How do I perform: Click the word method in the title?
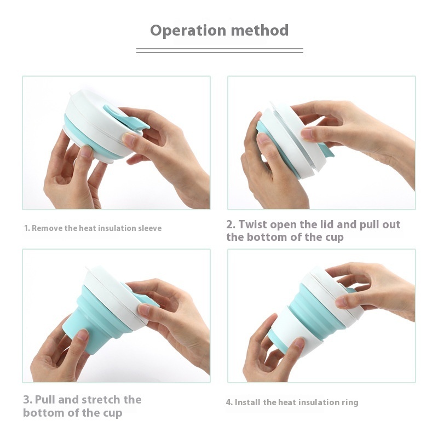[260, 30]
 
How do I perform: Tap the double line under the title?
[220, 50]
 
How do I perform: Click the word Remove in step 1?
[47, 228]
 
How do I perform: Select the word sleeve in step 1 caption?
[150, 228]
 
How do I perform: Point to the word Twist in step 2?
[253, 224]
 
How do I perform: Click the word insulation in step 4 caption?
[314, 402]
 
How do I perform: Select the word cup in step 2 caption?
[335, 238]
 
